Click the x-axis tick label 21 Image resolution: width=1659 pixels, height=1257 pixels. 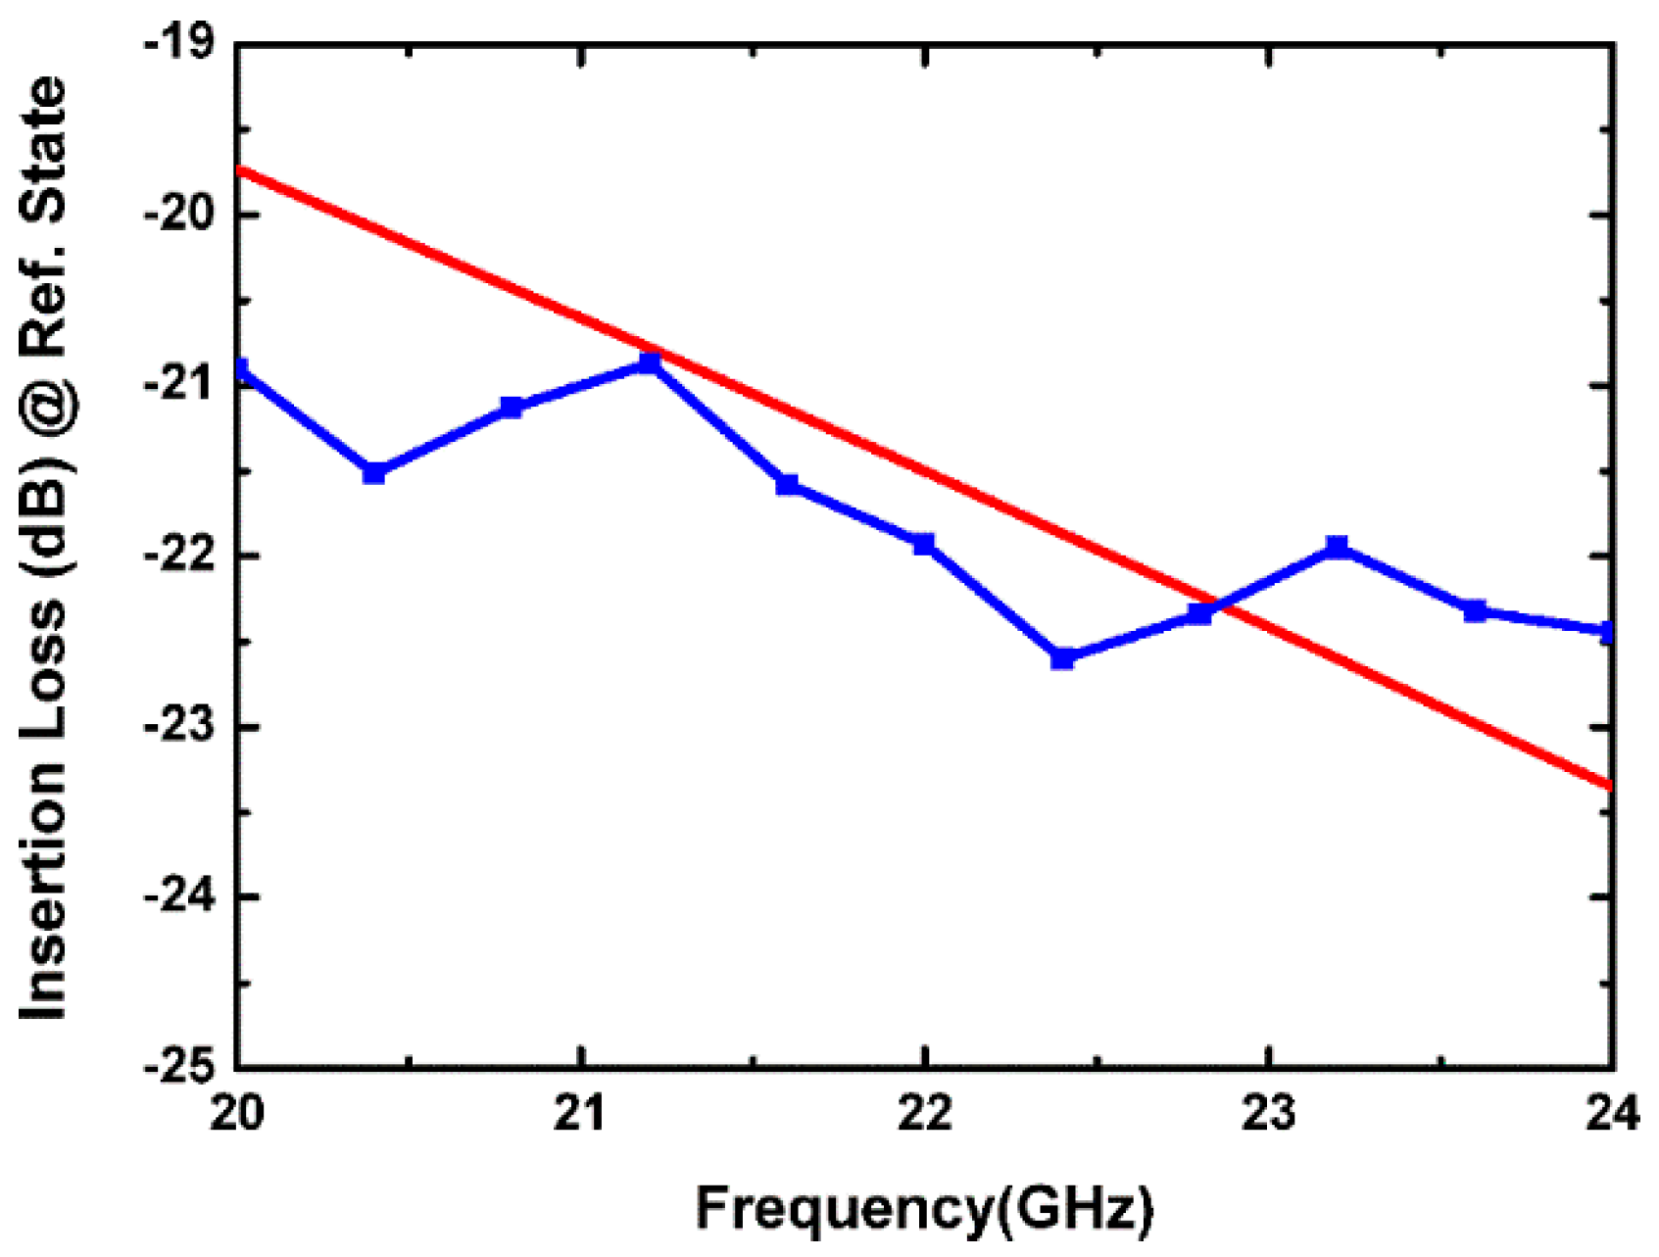pyautogui.click(x=581, y=1114)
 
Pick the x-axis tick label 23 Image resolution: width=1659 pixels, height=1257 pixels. pyautogui.click(x=1269, y=1114)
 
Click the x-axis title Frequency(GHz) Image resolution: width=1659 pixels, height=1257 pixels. pyautogui.click(x=925, y=1208)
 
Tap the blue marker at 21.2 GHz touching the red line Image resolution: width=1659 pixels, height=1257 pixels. pyautogui.click(x=649, y=363)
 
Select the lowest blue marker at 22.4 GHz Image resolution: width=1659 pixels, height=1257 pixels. pyautogui.click(x=1062, y=658)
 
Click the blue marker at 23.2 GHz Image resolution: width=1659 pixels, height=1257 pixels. pyautogui.click(x=1338, y=546)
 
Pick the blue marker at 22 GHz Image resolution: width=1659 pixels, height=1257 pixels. pyautogui.click(x=924, y=544)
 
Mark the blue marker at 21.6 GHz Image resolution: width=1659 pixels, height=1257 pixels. pyautogui.click(x=787, y=484)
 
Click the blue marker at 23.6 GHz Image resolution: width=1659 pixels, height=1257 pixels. pyautogui.click(x=1475, y=610)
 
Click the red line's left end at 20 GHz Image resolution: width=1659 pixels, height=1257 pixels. pyautogui.click(x=239, y=169)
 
